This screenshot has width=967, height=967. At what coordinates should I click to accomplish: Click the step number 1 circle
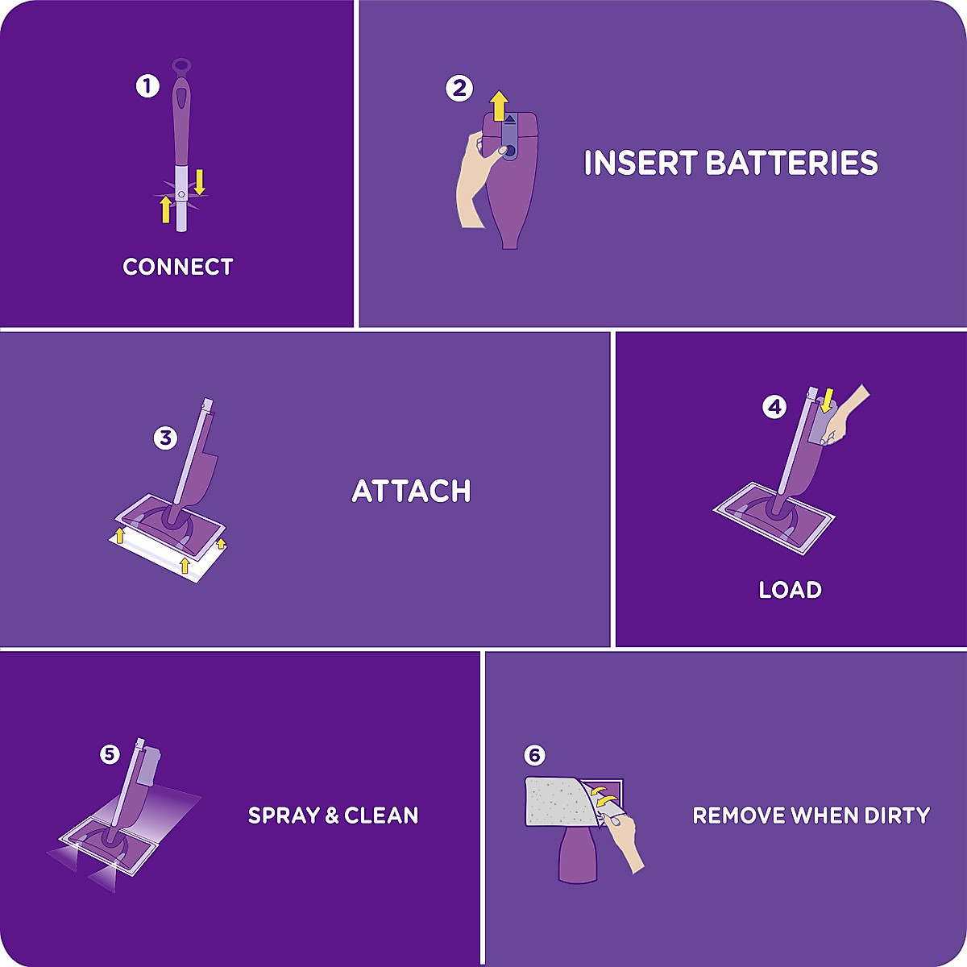(x=147, y=86)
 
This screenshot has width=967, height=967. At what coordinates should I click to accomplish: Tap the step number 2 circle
(x=459, y=88)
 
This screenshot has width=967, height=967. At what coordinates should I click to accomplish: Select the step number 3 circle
(x=165, y=438)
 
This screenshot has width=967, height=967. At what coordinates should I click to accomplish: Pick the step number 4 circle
(x=774, y=407)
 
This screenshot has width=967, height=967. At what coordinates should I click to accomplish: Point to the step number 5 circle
(x=110, y=754)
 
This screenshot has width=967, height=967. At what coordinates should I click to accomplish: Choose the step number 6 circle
(x=534, y=755)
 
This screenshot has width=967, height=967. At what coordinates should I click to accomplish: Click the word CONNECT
(x=177, y=267)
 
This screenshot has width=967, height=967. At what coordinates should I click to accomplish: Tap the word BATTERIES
(x=791, y=163)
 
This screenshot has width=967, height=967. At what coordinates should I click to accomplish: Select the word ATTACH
(x=411, y=491)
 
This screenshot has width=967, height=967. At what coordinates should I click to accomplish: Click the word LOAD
(x=790, y=590)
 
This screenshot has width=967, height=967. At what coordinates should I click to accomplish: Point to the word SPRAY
(x=284, y=816)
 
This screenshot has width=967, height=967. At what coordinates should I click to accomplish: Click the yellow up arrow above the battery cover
(x=500, y=105)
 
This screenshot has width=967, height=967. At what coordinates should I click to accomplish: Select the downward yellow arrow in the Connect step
(x=200, y=181)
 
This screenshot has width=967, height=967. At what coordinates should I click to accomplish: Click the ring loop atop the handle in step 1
(x=182, y=64)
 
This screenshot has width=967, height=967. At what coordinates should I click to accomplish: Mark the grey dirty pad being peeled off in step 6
(x=556, y=802)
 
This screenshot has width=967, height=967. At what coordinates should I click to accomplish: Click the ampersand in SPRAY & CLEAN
(x=332, y=816)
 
